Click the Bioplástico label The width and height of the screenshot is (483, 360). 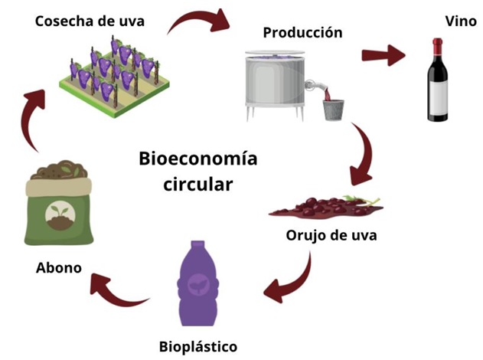tap(197, 346)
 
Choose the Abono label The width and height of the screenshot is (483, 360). tap(59, 269)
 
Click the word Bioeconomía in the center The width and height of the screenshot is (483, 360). tap(197, 160)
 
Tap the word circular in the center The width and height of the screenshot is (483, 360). tap(197, 185)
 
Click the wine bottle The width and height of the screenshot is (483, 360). tap(439, 85)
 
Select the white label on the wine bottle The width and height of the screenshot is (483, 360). tap(439, 98)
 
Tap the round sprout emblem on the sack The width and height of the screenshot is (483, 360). tap(60, 218)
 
